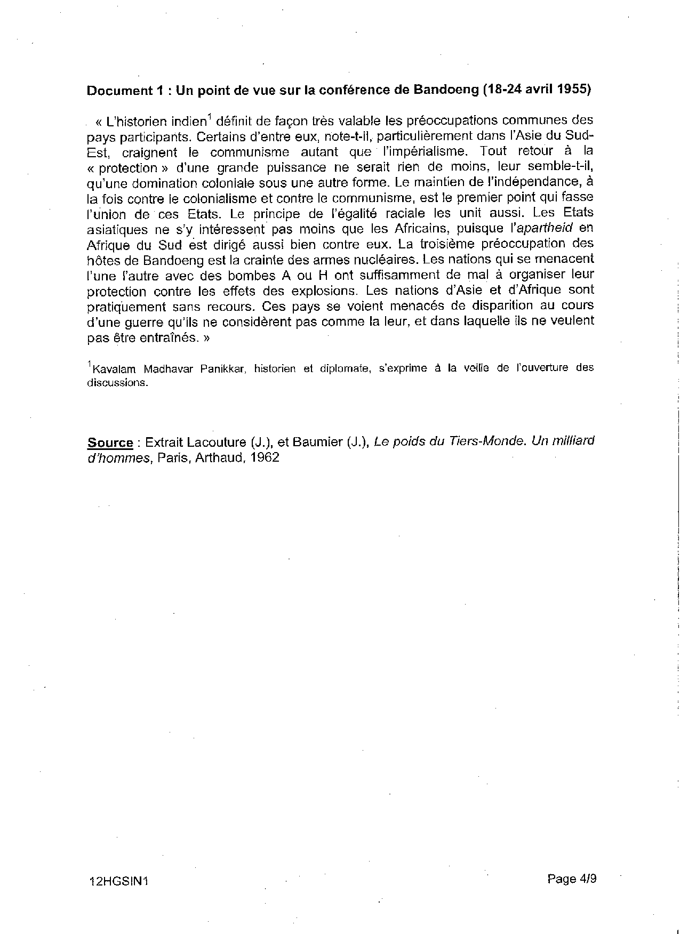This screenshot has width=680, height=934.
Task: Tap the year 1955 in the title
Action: tap(574, 89)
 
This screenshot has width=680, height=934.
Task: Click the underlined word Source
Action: tap(110, 442)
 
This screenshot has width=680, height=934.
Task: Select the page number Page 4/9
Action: tap(571, 879)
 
